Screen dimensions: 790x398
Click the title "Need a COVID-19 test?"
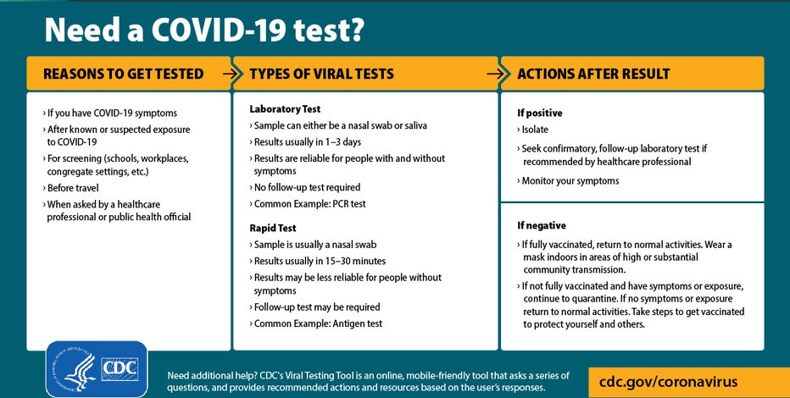tap(204, 30)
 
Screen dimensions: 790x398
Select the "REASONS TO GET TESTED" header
tap(124, 74)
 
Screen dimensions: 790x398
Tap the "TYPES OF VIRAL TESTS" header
tap(321, 74)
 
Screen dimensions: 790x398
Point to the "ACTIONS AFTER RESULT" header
tap(593, 74)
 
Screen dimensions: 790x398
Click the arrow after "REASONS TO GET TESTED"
tap(231, 74)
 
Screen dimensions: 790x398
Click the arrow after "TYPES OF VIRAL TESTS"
tap(496, 74)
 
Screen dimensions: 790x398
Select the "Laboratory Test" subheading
tap(285, 108)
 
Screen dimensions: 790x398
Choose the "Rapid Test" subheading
tap(273, 228)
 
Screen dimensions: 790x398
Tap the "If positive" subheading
tap(540, 113)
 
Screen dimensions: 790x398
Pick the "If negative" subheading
tap(542, 225)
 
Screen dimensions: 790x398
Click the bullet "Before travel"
tap(70, 188)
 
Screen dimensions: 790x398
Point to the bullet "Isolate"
tap(532, 130)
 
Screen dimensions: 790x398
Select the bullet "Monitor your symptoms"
tap(568, 180)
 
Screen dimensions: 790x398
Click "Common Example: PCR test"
tap(308, 204)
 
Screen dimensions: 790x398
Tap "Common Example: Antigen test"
tap(315, 323)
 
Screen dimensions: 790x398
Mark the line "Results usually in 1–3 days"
tap(305, 142)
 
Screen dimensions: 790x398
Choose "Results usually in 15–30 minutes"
tap(317, 261)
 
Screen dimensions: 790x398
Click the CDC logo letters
tap(120, 370)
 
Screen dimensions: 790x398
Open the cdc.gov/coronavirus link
tap(668, 381)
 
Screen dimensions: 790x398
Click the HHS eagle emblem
tap(75, 370)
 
